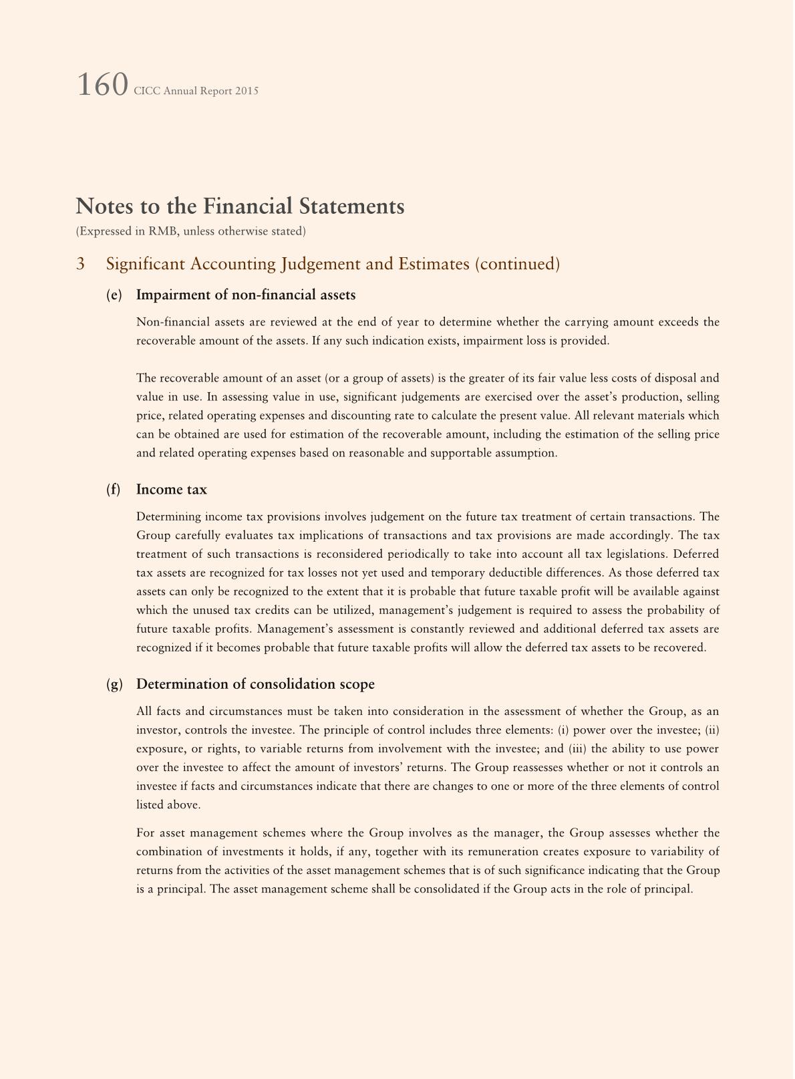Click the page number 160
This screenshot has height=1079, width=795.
tap(102, 86)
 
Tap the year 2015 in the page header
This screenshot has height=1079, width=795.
tap(247, 91)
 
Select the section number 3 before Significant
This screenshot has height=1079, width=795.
tap(80, 264)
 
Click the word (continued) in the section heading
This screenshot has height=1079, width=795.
tap(517, 264)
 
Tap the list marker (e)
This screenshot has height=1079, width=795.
tap(114, 295)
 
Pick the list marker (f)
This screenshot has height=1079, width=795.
tap(113, 490)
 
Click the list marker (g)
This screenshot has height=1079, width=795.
tap(114, 684)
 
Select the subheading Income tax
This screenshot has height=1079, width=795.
tap(172, 490)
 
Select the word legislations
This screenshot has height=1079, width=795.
tap(637, 554)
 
